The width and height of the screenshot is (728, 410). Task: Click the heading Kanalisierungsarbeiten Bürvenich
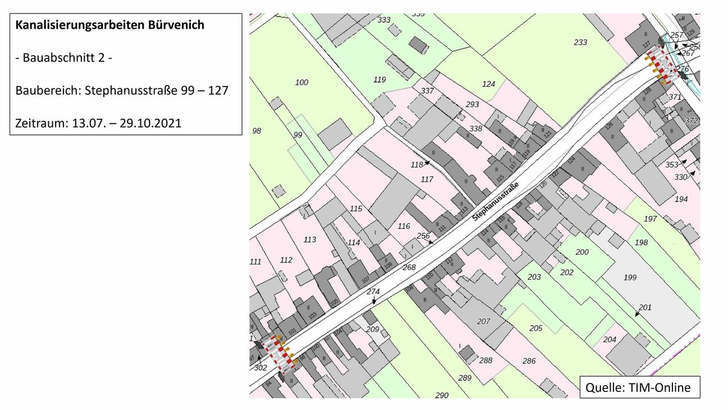pos(110,26)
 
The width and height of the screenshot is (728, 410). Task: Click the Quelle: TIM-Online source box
pos(639,387)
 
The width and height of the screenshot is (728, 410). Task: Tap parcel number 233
pos(580,42)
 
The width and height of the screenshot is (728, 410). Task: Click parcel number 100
pos(302,83)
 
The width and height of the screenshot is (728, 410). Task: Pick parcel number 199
pos(630,277)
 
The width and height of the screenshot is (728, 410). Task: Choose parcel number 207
pos(483,322)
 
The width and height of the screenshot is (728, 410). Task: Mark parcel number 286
pos(529,361)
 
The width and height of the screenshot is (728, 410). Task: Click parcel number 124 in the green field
pos(489,84)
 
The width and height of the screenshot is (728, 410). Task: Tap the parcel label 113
pos(310,240)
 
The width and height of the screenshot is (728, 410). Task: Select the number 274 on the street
pos(373,291)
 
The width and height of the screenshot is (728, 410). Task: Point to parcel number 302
pos(260,368)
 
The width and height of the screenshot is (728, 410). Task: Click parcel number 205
pos(536,328)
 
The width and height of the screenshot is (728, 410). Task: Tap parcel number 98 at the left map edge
pos(257,130)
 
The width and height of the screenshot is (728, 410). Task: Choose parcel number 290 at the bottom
pos(442,395)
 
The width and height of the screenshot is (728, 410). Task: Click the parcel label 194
pos(681,199)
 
